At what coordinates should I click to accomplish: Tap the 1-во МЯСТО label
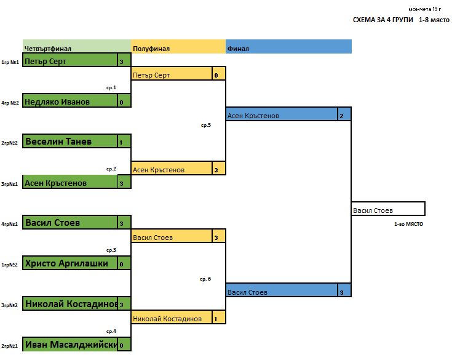[408, 225]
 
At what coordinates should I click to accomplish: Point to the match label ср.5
[205, 125]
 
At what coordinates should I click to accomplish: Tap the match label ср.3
[111, 250]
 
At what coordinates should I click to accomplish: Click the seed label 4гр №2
[10, 103]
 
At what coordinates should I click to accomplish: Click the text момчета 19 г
[425, 9]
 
